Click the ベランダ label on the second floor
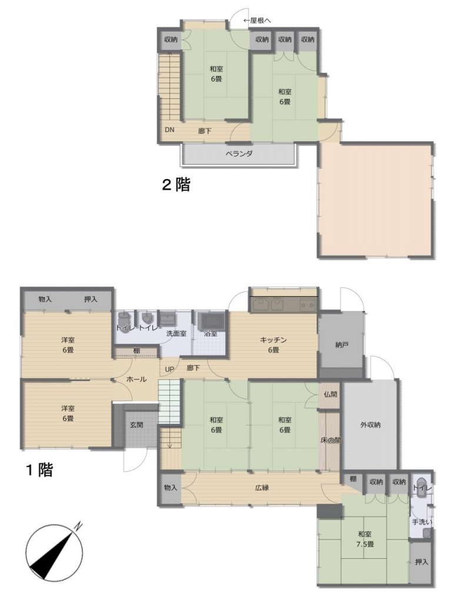238,154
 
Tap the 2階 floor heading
177,184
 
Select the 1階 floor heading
39,469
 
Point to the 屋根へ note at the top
257,21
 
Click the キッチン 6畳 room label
273,344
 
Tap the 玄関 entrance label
137,425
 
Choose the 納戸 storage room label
341,344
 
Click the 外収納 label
370,425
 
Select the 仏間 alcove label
330,394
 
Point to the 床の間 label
330,440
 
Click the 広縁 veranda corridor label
262,488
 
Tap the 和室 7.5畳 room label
365,539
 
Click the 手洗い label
422,522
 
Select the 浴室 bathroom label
211,333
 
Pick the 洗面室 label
177,333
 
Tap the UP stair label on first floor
169,369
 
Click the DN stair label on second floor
169,130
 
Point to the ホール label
137,379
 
